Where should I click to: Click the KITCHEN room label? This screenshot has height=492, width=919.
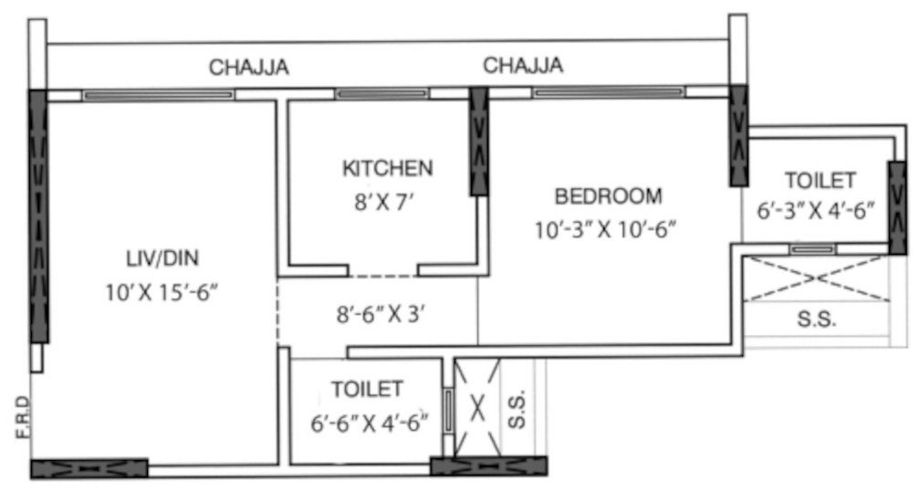387,168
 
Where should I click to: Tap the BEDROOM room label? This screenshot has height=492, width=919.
608,195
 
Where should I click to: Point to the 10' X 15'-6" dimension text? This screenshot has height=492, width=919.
162,293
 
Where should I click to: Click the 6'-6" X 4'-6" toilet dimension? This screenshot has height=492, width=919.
368,423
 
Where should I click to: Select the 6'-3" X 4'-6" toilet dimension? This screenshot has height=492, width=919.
815,211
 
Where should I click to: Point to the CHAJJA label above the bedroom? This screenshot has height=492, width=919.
523,66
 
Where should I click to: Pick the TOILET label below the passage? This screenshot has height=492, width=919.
367,390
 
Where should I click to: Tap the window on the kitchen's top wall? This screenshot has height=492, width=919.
380,94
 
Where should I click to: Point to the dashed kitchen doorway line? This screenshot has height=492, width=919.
382,276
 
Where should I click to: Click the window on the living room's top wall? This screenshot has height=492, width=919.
158,94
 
